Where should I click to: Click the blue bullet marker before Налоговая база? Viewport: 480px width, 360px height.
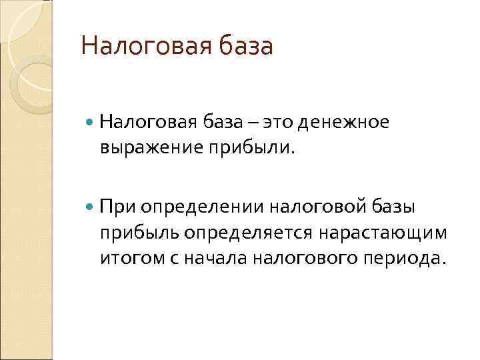click(91, 123)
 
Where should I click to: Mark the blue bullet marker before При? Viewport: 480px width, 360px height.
click(91, 208)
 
